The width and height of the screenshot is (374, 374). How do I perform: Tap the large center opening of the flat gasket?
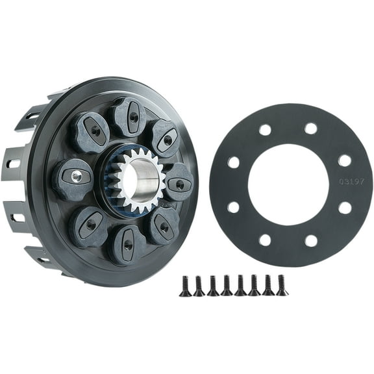[288, 184]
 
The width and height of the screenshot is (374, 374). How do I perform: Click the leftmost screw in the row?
[185, 285]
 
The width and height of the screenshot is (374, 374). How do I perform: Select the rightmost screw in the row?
[282, 284]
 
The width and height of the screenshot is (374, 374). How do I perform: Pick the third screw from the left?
[213, 285]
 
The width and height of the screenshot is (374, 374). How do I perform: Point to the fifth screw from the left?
[240, 285]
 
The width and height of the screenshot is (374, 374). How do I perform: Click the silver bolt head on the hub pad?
[77, 175]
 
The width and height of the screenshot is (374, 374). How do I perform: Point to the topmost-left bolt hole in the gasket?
[265, 129]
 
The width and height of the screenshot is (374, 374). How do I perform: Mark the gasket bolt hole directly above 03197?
[344, 160]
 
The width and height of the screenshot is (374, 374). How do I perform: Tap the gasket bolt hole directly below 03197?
[345, 208]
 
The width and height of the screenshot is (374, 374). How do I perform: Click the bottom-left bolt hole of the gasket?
[265, 240]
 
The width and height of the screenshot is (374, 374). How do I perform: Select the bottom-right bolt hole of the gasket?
[312, 240]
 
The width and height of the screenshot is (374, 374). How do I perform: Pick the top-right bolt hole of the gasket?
[311, 129]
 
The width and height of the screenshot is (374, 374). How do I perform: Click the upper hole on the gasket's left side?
[233, 162]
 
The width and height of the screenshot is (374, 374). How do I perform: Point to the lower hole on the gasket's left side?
[233, 208]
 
